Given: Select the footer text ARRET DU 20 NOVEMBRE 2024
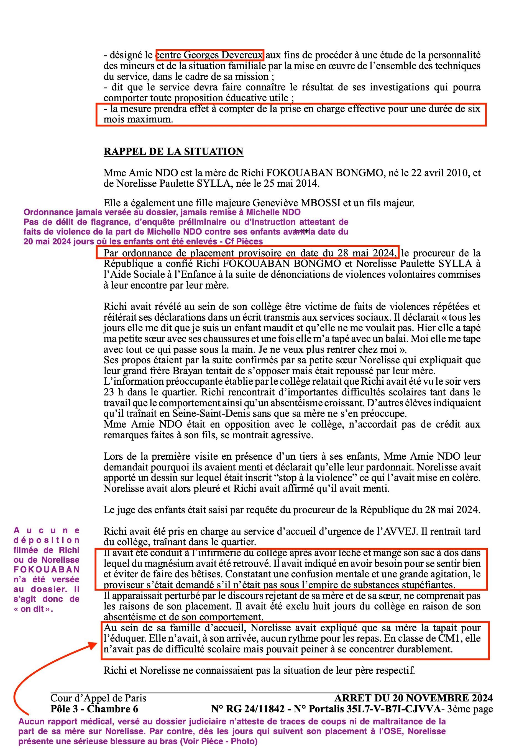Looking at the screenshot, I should pos(413,698).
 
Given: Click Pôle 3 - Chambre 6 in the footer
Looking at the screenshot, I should pos(94,708).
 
